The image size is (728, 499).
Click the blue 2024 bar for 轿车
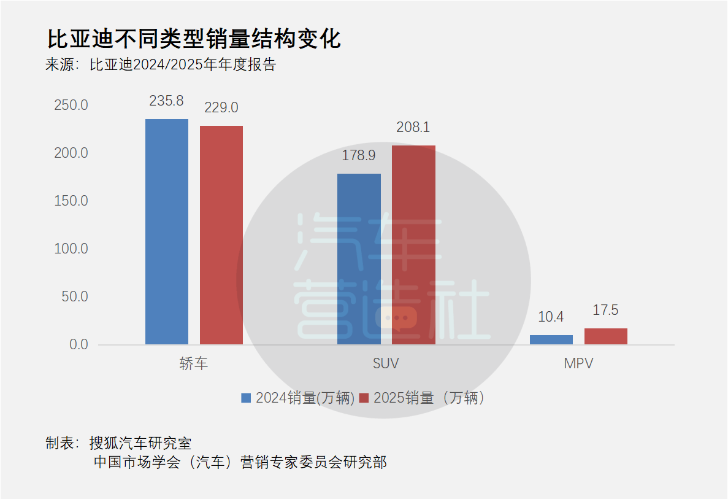point(167,231)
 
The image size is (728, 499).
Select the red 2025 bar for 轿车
point(221,234)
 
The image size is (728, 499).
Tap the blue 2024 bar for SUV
point(359,259)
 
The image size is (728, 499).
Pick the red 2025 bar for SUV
point(414,245)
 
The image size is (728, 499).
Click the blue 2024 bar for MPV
point(551,339)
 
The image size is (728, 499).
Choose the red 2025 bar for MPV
point(606,336)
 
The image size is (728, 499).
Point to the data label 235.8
point(166,101)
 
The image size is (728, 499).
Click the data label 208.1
point(413,127)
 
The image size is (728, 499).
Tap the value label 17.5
point(605,310)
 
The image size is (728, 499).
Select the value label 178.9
point(358,155)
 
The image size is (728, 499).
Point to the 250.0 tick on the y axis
point(71,105)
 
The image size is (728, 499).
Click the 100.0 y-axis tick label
point(71,249)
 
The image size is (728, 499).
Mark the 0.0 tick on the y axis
point(79,344)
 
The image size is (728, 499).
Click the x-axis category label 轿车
point(194,363)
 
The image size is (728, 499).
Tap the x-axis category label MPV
point(578,363)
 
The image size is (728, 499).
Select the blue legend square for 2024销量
point(246,398)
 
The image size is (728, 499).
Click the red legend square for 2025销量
point(364,398)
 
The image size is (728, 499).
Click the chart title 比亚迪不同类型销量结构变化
point(194,39)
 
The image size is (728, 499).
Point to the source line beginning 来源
point(161,64)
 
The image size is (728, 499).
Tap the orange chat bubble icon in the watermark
point(396,319)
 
